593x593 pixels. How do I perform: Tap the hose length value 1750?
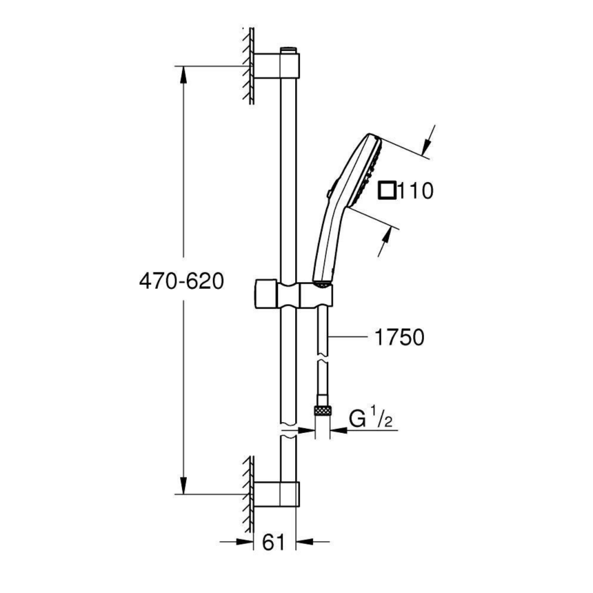(x=399, y=337)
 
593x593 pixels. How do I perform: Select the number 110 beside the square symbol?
(x=415, y=191)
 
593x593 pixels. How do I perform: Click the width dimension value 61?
(x=274, y=543)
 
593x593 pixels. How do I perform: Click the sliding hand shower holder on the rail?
(x=293, y=293)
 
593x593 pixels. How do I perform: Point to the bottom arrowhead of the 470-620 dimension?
(x=184, y=486)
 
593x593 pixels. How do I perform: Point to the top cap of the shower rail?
(x=289, y=50)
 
